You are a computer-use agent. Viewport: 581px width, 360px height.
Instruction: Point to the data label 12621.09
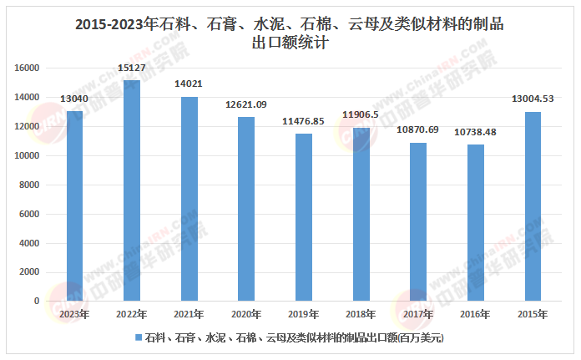click(246, 105)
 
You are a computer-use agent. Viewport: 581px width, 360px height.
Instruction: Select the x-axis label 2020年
click(246, 315)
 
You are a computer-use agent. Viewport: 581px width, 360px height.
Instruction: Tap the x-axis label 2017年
click(417, 315)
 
